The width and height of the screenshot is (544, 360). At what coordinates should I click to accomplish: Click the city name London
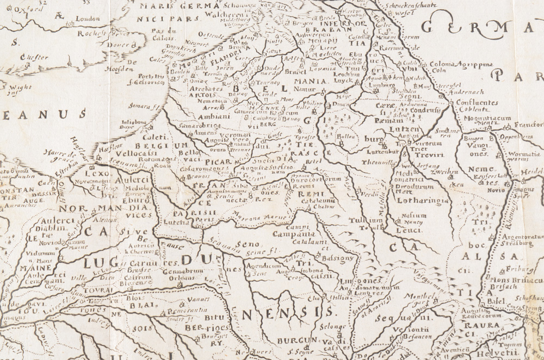coord(88,18)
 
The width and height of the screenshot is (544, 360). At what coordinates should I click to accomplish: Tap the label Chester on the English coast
coord(32,56)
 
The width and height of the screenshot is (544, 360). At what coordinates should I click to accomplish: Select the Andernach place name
coord(477,92)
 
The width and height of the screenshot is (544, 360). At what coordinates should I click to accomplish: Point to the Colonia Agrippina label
coord(461,64)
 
